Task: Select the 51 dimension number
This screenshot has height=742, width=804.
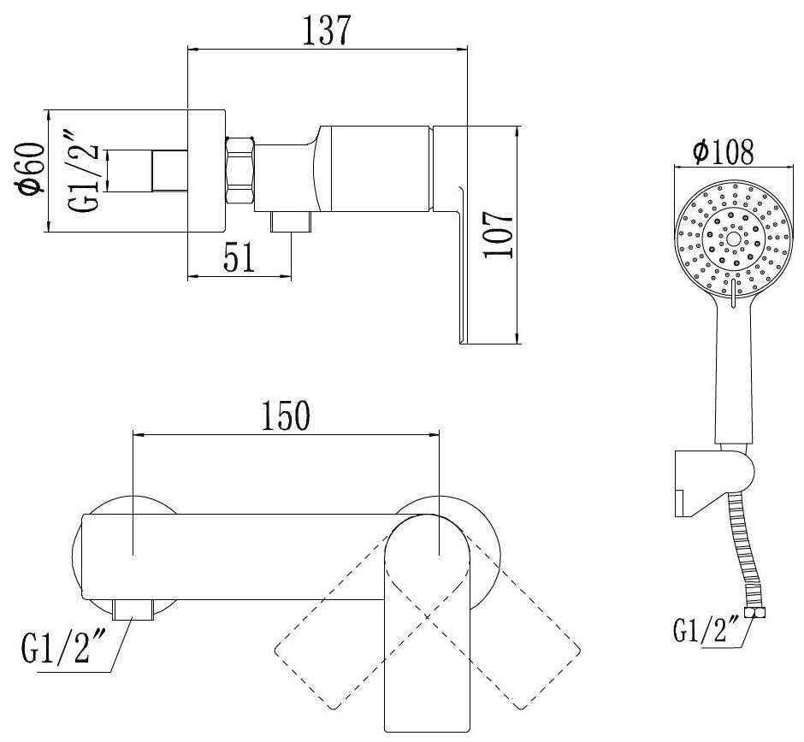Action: point(239,258)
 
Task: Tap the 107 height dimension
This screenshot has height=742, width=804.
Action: point(499,235)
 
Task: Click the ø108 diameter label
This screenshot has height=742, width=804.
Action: point(723,151)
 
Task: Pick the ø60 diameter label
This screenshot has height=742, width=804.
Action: point(30,169)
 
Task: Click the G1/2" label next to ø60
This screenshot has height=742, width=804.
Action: point(84,171)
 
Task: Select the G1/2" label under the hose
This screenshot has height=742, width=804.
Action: point(706,630)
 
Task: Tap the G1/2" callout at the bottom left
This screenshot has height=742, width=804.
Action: point(63,648)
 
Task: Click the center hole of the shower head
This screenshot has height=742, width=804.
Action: point(733,238)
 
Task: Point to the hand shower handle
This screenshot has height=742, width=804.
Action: point(734,374)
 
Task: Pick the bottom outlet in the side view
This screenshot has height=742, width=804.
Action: point(292,222)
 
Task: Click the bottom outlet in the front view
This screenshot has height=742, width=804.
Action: point(133,609)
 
